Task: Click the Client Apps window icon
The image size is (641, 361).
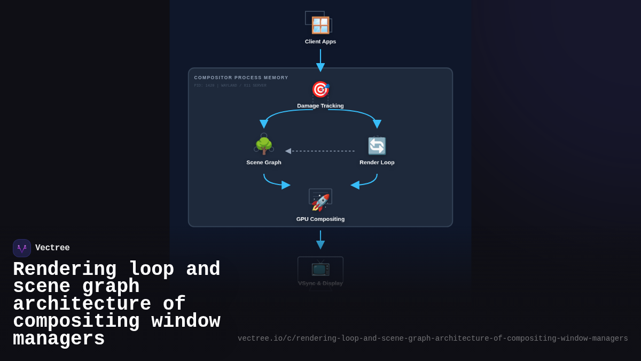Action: coord(320,25)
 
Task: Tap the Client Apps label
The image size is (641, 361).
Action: coord(320,42)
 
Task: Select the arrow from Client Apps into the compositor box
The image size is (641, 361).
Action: coord(320,60)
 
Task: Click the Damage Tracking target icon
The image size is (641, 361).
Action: coord(320,89)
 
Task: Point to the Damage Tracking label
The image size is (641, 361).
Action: coord(320,106)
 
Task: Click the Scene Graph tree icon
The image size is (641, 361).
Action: coord(264,145)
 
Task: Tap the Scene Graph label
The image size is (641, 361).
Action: coord(264,163)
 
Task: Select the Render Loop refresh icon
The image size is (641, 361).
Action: coord(377,145)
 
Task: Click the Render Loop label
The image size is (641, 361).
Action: coord(377,163)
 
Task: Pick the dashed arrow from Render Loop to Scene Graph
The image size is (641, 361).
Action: coord(320,151)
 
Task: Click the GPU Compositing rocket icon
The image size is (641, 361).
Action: coord(320,202)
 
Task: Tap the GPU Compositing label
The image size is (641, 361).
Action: coord(320,219)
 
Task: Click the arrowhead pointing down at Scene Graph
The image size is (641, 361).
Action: coord(264,124)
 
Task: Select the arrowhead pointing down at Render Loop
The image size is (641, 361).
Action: coord(377,124)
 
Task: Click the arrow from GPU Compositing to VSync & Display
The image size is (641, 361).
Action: coord(320,240)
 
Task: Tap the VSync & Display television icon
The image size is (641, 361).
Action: coord(320,267)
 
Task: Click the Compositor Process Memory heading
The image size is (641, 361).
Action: coord(241,78)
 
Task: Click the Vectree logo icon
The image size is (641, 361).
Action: coord(22,248)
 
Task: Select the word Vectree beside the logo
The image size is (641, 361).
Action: coord(52,248)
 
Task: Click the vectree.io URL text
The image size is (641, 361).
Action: coord(433,339)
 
